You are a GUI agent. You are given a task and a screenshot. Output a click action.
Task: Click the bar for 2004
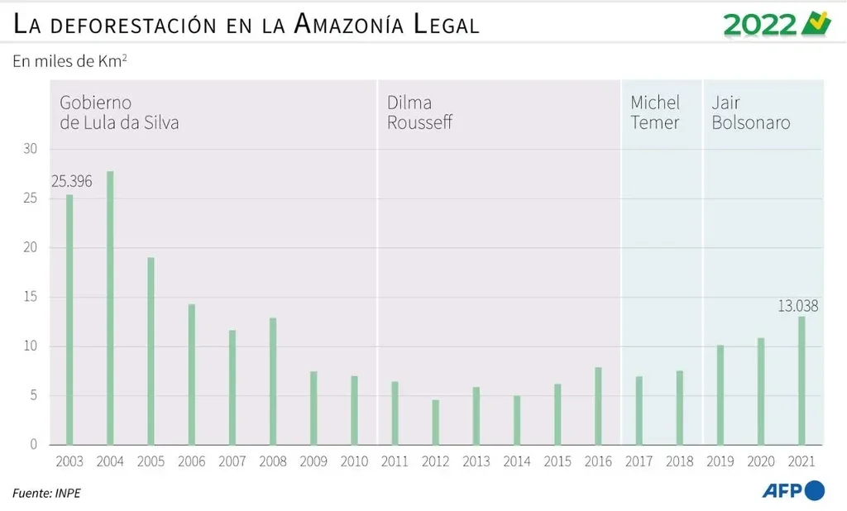(110, 308)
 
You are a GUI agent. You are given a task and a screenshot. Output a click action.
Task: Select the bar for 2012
(435, 422)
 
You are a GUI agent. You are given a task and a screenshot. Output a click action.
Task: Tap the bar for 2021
(801, 380)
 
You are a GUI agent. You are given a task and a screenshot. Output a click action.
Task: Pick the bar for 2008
(273, 380)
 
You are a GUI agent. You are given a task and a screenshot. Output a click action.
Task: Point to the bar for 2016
(598, 405)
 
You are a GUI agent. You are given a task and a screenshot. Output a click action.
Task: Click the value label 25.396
(71, 182)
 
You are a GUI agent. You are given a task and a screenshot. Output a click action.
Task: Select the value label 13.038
(797, 306)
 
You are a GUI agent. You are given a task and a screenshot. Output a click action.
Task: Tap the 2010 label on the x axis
(354, 462)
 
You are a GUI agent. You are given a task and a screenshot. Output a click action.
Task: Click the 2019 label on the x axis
(720, 462)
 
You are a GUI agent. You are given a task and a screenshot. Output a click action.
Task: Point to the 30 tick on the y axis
(31, 150)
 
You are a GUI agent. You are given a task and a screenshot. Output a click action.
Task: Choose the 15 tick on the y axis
(31, 297)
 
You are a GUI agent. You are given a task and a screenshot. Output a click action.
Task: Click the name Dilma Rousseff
(419, 113)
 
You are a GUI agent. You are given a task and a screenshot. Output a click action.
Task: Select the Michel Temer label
(654, 113)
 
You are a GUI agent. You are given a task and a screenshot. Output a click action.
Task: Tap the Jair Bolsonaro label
(750, 113)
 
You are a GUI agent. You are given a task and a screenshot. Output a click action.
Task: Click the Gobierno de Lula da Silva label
(119, 113)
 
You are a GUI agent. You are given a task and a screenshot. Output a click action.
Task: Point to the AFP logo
(792, 490)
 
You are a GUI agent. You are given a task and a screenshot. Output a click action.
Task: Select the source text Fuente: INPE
(47, 494)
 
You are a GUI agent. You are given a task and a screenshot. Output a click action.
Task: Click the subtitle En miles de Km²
(69, 62)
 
